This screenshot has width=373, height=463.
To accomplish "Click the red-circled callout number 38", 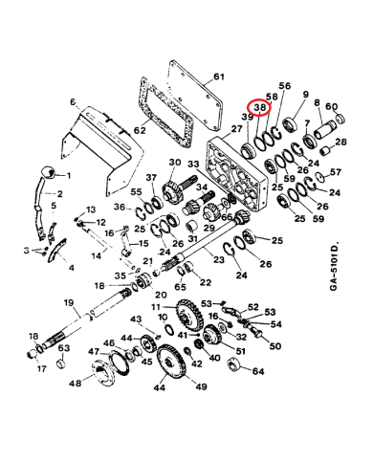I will (257, 111).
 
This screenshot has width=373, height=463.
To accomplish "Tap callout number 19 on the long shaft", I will (69, 303).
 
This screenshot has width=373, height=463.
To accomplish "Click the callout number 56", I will (284, 85).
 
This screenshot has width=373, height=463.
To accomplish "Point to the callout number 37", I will (151, 179).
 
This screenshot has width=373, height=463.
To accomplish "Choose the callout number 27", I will (235, 127).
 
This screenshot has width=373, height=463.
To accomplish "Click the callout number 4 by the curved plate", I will (71, 268).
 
